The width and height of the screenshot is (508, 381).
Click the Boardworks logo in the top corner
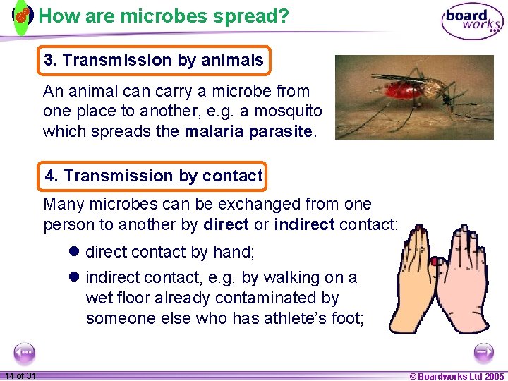pos(472,21)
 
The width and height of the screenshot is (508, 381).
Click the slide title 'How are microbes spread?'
pos(164,16)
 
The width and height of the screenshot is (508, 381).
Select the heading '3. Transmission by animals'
pos(154,61)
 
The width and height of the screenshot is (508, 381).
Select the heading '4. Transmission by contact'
pos(154,176)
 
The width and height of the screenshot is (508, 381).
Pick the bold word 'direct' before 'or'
pos(226,224)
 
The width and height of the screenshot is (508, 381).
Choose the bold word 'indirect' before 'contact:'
pos(304,224)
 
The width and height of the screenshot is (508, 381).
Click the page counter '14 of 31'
pos(20,375)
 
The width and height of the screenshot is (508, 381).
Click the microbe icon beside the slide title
pos(22,16)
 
